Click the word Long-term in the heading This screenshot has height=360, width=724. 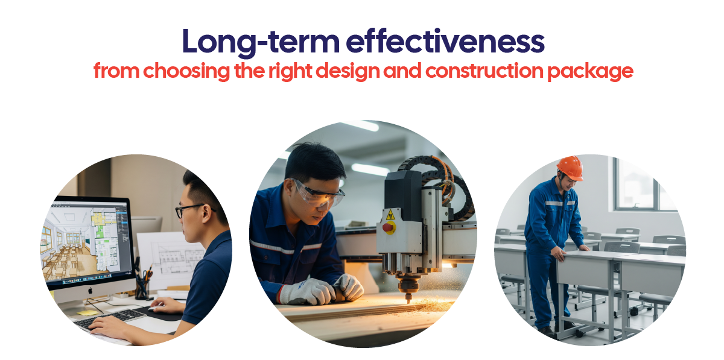click(261, 42)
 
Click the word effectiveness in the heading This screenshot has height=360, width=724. click(445, 41)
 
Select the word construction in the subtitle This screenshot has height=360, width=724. click(484, 71)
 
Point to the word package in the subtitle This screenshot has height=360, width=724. click(590, 72)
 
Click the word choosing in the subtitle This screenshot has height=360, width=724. click(186, 71)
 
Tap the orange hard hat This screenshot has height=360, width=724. click(571, 168)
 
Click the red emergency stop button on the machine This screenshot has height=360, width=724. click(389, 227)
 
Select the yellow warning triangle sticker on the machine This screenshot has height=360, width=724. click(390, 215)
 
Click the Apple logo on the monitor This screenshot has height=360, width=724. click(91, 291)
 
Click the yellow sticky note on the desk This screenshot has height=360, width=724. click(87, 312)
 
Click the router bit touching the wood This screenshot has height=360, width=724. click(408, 297)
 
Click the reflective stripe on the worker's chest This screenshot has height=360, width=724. click(560, 203)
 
